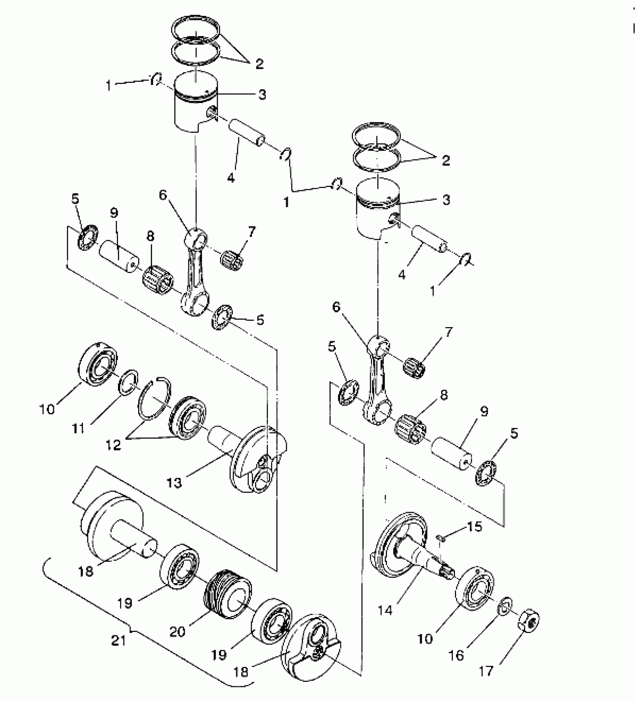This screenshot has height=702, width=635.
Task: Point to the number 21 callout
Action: coord(119,640)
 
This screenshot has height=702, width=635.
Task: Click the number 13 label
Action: coord(174,483)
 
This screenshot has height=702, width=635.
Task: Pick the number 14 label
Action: coord(385,610)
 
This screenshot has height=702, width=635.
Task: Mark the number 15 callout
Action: coord(474,527)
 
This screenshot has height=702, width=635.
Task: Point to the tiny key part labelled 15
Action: coord(440,538)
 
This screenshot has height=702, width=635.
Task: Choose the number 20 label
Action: coord(177,632)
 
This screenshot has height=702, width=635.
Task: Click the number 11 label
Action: coord(78,429)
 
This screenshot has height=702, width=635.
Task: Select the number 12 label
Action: coord(114,445)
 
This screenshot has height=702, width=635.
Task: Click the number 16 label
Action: coord(456,655)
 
